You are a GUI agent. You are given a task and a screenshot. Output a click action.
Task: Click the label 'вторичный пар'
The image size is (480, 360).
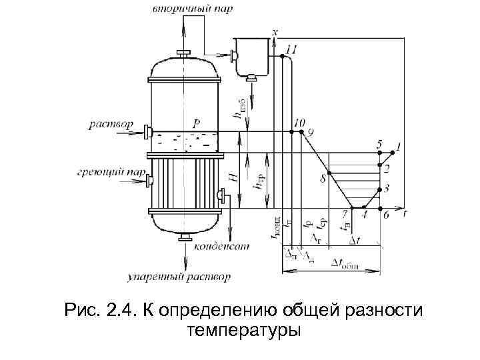(x=185, y=9)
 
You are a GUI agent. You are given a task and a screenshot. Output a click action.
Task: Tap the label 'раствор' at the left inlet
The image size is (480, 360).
(x=110, y=125)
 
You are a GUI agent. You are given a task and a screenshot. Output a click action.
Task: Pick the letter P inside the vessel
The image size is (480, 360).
(x=196, y=124)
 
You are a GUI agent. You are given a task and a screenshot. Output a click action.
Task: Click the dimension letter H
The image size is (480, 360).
(x=233, y=179)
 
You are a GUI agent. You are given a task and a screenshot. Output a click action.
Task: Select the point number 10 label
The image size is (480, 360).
(x=299, y=123)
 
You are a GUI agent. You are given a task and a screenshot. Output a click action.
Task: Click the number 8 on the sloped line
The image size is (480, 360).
(x=323, y=178)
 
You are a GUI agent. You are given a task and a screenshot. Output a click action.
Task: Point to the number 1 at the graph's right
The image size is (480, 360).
(x=398, y=145)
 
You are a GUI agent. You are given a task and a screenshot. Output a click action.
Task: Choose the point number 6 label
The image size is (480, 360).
(x=386, y=215)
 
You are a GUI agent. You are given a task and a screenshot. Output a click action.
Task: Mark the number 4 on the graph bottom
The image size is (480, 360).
(x=363, y=215)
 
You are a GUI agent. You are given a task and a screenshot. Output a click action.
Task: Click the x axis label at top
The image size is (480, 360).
(x=276, y=31)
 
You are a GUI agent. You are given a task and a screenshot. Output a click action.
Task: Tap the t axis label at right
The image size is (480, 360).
(x=405, y=214)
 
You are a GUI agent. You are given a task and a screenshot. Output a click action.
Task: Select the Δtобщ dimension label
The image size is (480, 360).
(x=345, y=264)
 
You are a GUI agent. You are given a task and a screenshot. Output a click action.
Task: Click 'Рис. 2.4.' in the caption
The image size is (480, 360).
(x=99, y=310)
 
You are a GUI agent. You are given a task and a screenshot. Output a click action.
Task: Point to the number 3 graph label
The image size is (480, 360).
(x=387, y=189)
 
